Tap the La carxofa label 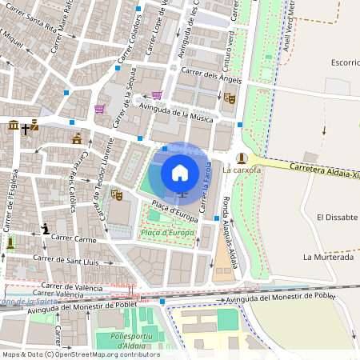tap(242, 170)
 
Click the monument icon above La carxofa tap(242, 157)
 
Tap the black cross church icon tap(27, 127)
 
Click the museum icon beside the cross tap(14, 126)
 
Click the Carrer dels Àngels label tap(211, 75)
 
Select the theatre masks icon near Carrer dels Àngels tap(229, 98)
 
